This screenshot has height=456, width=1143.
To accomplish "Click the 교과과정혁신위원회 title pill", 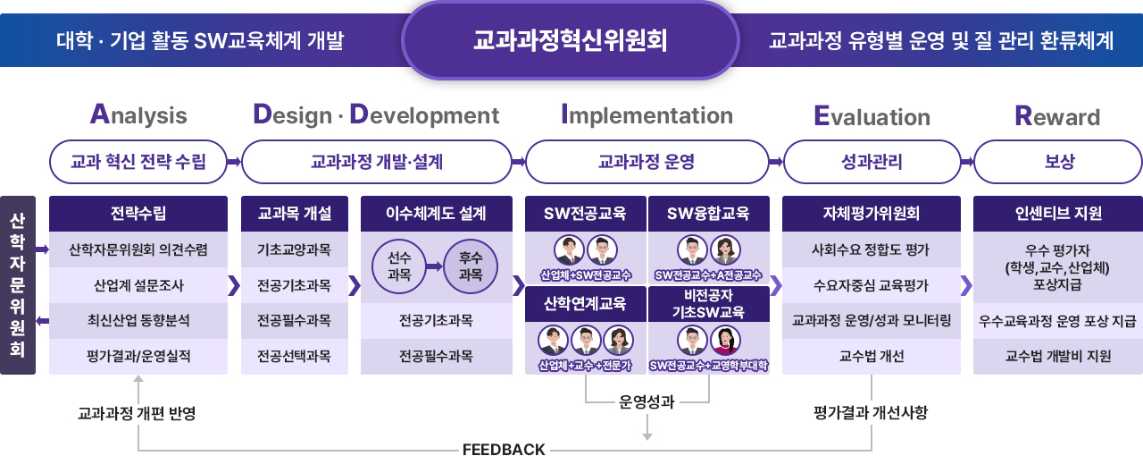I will tap(570, 40).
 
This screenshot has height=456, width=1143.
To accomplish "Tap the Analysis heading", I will tap(138, 115).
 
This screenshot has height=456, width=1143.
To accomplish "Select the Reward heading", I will tap(1057, 117).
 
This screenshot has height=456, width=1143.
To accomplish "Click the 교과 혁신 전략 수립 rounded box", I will tap(138, 162).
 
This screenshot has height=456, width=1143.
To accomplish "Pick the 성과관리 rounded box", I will tap(872, 162).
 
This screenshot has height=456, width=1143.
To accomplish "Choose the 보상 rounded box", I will tap(1058, 162).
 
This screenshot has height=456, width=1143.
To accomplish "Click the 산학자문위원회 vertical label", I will tap(17, 284).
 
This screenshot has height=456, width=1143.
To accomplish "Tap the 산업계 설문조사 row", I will tap(138, 286).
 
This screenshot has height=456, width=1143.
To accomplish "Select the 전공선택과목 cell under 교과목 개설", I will tap(294, 357).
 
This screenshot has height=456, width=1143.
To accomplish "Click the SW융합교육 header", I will tap(707, 214).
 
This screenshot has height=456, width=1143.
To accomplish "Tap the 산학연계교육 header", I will tap(585, 303).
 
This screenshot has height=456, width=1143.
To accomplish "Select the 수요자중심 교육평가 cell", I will tap(872, 286).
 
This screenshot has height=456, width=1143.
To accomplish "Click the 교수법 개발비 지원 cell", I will tap(1058, 356).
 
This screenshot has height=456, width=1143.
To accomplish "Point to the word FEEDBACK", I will tap(504, 449).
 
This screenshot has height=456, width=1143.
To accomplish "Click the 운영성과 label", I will tap(647, 401).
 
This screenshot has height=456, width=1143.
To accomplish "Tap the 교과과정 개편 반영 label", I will tap(137, 413).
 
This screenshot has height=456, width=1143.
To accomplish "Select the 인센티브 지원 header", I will tap(1058, 214).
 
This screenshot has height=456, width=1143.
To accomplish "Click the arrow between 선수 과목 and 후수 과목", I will tap(434, 266).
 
